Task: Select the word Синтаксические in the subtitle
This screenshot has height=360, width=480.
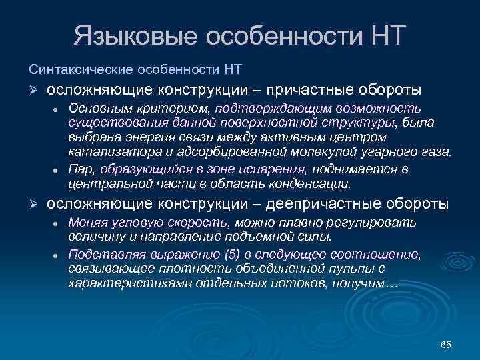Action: (79, 69)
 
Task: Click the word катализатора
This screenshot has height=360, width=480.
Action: (105, 152)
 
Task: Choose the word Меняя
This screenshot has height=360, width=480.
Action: (87, 222)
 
